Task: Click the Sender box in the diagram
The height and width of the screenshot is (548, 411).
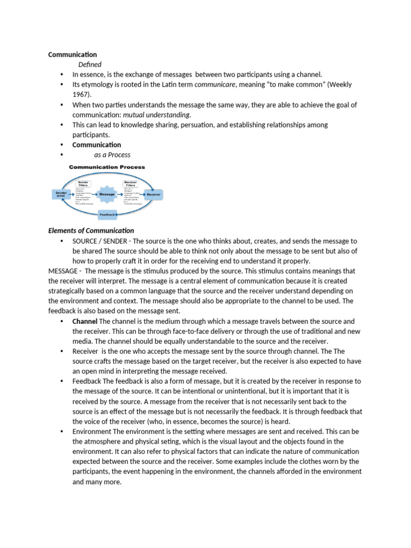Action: pos(60,194)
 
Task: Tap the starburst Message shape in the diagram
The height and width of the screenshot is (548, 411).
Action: pos(107,194)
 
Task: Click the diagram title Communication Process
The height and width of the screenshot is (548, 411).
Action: pos(106,167)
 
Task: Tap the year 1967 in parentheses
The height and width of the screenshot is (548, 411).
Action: pos(80,95)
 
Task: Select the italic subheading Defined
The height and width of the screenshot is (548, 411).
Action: pos(90,64)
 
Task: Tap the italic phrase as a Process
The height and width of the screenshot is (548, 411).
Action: pos(112,155)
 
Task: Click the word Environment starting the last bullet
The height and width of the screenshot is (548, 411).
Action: pos(92,431)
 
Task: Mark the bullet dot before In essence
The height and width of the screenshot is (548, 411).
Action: pos(62,74)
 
